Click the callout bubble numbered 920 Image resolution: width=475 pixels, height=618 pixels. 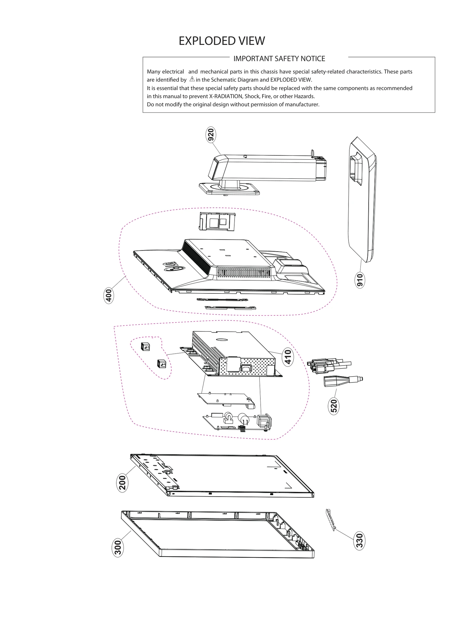click(x=210, y=135)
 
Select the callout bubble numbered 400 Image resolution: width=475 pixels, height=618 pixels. click(x=109, y=296)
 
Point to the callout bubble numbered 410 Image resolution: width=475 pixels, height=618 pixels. click(x=288, y=357)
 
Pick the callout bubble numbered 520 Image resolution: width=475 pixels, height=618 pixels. click(x=334, y=406)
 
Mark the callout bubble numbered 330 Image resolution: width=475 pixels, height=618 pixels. click(x=359, y=541)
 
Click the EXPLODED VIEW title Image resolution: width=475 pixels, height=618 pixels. click(x=221, y=41)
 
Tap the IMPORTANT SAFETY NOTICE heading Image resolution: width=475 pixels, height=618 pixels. click(x=279, y=59)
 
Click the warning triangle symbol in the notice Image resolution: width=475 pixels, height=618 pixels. click(x=192, y=79)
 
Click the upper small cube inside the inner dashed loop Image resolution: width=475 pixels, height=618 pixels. click(x=145, y=347)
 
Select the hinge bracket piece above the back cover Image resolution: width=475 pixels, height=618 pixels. click(x=217, y=221)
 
